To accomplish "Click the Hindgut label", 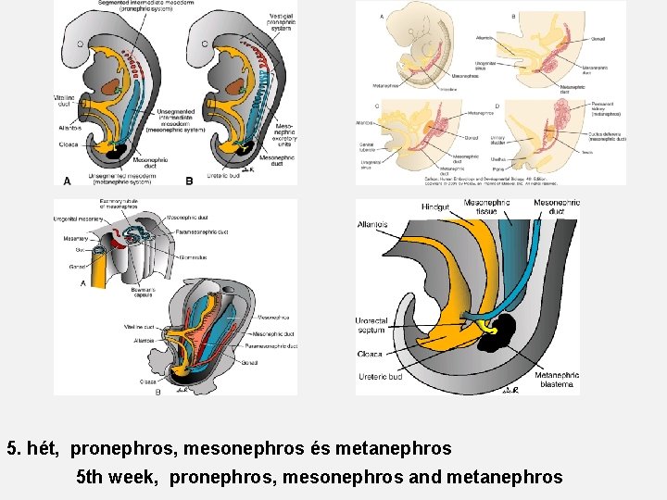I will pos(434,206).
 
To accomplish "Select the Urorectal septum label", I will pos(372,326).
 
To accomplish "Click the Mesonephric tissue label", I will pos(485,206).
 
